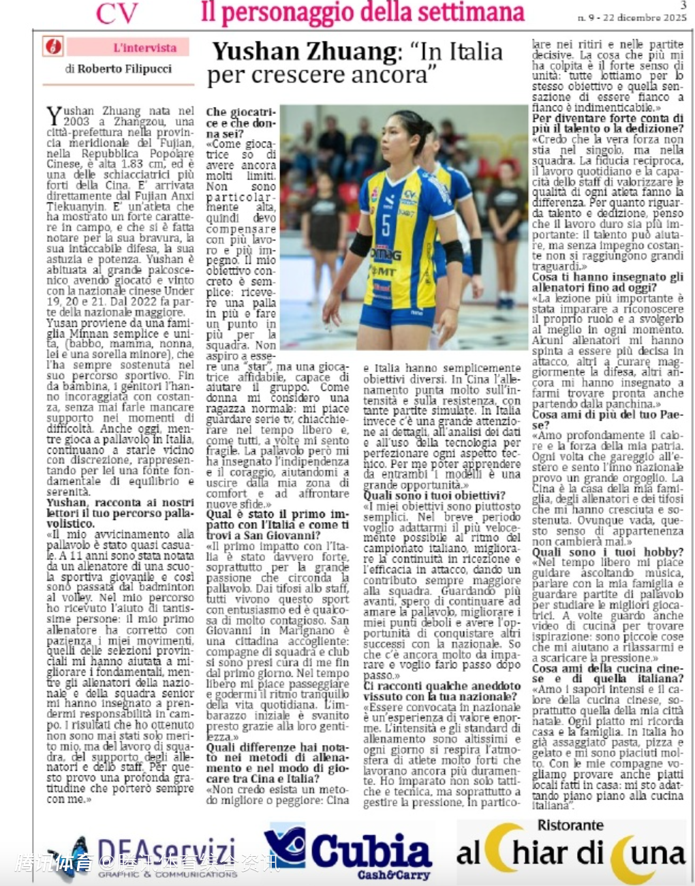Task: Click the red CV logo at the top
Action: click(117, 13)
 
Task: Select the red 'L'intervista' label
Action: click(144, 48)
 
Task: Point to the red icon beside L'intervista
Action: click(53, 47)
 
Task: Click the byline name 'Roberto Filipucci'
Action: click(125, 69)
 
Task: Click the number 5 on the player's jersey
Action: click(386, 224)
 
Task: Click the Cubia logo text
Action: click(371, 852)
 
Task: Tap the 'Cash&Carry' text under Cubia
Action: click(394, 874)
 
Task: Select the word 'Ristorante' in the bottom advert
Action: click(570, 825)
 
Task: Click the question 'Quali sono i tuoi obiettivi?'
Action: click(434, 495)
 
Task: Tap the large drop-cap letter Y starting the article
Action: click(54, 116)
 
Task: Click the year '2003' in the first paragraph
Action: click(76, 121)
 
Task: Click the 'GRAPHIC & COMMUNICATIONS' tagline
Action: click(168, 874)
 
